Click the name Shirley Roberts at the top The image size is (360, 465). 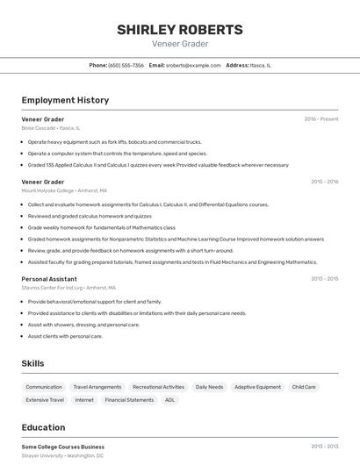(180, 29)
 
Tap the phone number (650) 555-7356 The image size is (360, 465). (126, 65)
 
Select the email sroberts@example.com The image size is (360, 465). (192, 65)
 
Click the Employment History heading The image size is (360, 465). (65, 100)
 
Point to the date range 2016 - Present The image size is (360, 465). (321, 118)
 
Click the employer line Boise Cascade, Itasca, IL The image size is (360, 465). (51, 128)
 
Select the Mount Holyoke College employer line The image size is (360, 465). (64, 190)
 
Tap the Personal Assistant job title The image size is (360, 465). (50, 278)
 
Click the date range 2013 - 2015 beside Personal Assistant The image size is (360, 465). (324, 278)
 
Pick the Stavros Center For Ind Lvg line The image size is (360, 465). (68, 288)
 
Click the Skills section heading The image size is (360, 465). (32, 363)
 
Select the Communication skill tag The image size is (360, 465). (44, 387)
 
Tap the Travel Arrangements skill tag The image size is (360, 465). (97, 387)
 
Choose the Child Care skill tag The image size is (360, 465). (304, 387)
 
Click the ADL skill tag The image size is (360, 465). (170, 400)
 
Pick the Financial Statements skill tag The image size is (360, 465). (129, 400)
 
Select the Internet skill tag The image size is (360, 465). (84, 400)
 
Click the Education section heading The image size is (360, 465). (43, 427)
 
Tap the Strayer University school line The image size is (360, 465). (62, 456)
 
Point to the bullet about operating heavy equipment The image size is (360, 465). (114, 141)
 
